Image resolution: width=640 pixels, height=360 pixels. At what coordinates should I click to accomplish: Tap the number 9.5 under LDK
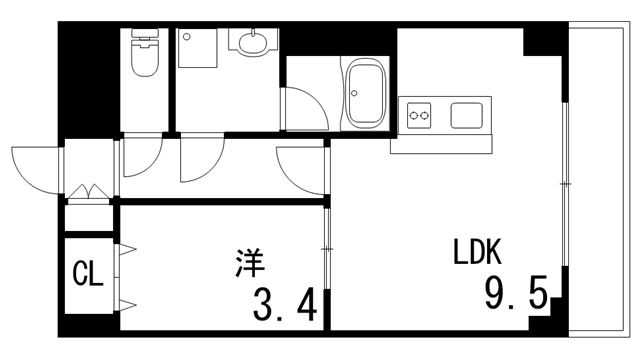coord(515,294)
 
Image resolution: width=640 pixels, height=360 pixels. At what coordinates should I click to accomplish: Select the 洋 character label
coord(250,264)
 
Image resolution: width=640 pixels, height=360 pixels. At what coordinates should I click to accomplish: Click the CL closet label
coord(88,274)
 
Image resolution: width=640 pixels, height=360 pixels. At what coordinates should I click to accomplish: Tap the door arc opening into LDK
coord(300,168)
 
